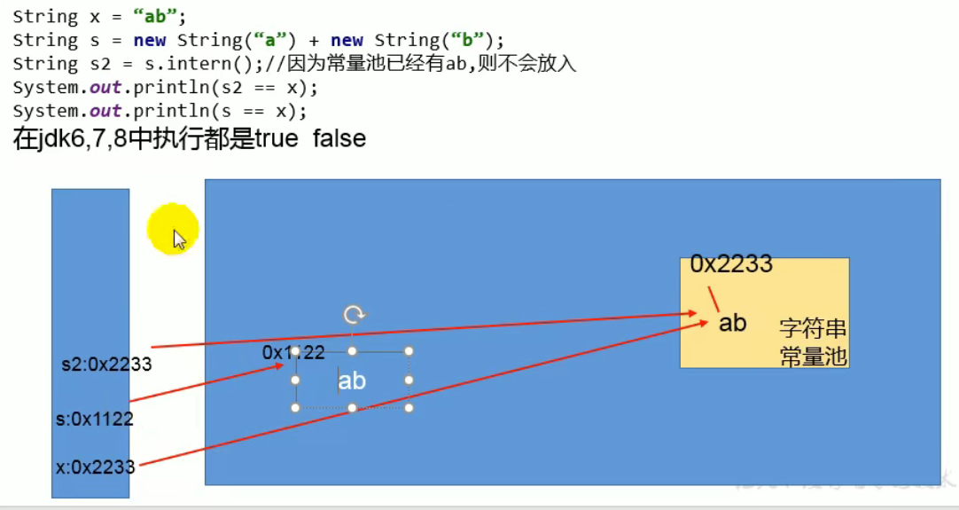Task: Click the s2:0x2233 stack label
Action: tap(106, 365)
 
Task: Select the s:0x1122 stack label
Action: tap(94, 419)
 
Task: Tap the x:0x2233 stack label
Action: tap(95, 467)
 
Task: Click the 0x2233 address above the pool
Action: tap(731, 263)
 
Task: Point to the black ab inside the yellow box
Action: tap(732, 324)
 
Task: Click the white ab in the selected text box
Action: tap(352, 381)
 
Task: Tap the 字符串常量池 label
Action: tap(813, 342)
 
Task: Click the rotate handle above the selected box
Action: tap(353, 314)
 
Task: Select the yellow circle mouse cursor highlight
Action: tap(173, 230)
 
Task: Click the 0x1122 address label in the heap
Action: tap(293, 352)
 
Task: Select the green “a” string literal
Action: tap(264, 41)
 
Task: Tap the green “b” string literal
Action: tap(462, 41)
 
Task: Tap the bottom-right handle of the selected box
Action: tap(409, 408)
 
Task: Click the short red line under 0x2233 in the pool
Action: tap(712, 301)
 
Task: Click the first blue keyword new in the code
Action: tap(150, 41)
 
